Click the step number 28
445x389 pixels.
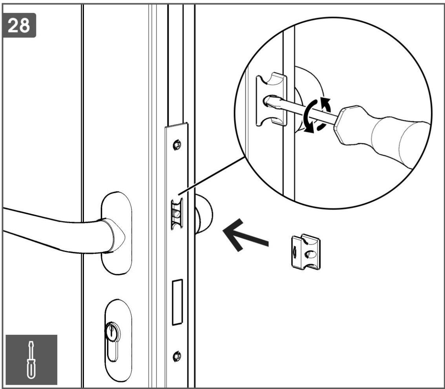coord(19,25)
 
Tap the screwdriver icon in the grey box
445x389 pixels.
coord(31,360)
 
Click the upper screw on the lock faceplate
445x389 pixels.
coord(177,145)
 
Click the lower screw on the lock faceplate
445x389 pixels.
coord(177,356)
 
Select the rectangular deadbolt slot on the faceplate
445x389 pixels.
coord(177,302)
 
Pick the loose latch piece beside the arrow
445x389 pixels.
coord(306,252)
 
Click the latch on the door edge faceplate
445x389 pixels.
coord(177,214)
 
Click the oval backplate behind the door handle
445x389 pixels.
coord(117,233)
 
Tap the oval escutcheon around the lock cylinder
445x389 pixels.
coord(118,340)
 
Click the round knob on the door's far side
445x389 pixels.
coord(204,214)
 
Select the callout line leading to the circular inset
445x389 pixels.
coord(211,175)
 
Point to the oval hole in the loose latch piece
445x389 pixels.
coord(310,254)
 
